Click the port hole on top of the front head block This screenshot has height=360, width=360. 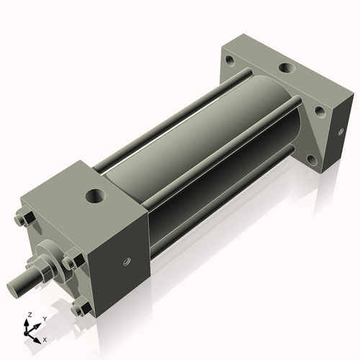(94, 195)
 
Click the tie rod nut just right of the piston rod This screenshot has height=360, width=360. (73, 261)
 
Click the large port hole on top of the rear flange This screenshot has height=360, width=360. (286, 68)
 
